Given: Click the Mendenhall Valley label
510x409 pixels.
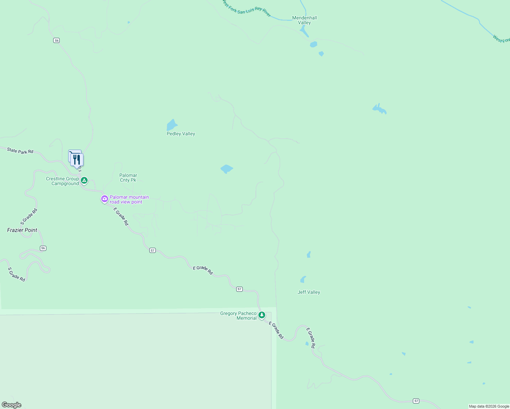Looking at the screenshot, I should (x=304, y=20).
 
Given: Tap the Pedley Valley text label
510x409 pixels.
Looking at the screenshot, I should (x=181, y=134).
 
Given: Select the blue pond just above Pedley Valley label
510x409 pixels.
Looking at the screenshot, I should (x=172, y=125).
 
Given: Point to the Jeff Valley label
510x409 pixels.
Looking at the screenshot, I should (x=309, y=292).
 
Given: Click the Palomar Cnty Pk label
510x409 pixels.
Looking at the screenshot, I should (x=128, y=178).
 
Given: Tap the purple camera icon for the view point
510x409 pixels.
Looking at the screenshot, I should (x=105, y=199).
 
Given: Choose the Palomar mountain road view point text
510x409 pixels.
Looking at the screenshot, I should (x=129, y=199).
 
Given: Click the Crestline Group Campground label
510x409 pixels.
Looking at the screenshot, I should (x=63, y=181).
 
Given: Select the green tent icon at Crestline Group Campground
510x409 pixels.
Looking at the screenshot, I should (x=84, y=180).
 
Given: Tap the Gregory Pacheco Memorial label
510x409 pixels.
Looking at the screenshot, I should (x=238, y=316).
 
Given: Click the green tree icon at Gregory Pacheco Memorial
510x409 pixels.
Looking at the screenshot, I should (x=262, y=315).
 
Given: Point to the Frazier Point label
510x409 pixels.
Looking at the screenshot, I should (x=22, y=230).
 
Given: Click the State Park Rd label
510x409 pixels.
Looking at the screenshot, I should (x=20, y=151).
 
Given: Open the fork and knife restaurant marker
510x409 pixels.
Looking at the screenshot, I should (x=77, y=160).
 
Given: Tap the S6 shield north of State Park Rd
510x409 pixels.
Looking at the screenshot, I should (x=57, y=40).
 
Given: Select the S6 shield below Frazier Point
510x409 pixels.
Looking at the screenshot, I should (x=43, y=248).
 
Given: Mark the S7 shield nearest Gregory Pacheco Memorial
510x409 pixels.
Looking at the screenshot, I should (x=240, y=289).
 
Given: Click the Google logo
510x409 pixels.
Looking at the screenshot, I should (x=11, y=405).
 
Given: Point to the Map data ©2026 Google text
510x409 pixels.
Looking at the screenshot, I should (x=489, y=406).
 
